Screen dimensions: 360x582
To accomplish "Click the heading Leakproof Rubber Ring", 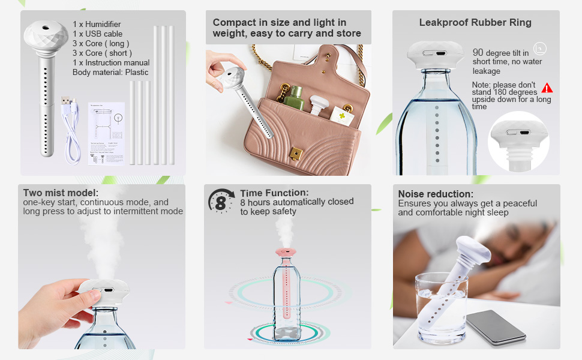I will (475, 23).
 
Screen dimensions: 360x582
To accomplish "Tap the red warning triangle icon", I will (547, 88).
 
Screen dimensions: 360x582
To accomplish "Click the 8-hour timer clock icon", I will (221, 201).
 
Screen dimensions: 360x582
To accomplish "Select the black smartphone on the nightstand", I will (496, 326).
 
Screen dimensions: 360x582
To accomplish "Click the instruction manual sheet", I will (106, 133).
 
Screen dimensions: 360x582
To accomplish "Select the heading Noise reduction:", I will (436, 194).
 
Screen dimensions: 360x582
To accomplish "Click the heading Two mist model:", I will (61, 193).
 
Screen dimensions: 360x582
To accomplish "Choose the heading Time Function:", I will (274, 193).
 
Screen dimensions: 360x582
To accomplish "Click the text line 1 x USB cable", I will (97, 34).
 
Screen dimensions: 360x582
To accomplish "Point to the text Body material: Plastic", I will (110, 73).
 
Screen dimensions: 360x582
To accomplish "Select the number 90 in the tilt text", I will (478, 53).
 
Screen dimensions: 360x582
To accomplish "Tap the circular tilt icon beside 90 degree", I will (539, 49).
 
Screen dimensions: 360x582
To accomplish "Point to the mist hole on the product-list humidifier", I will (46, 27).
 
